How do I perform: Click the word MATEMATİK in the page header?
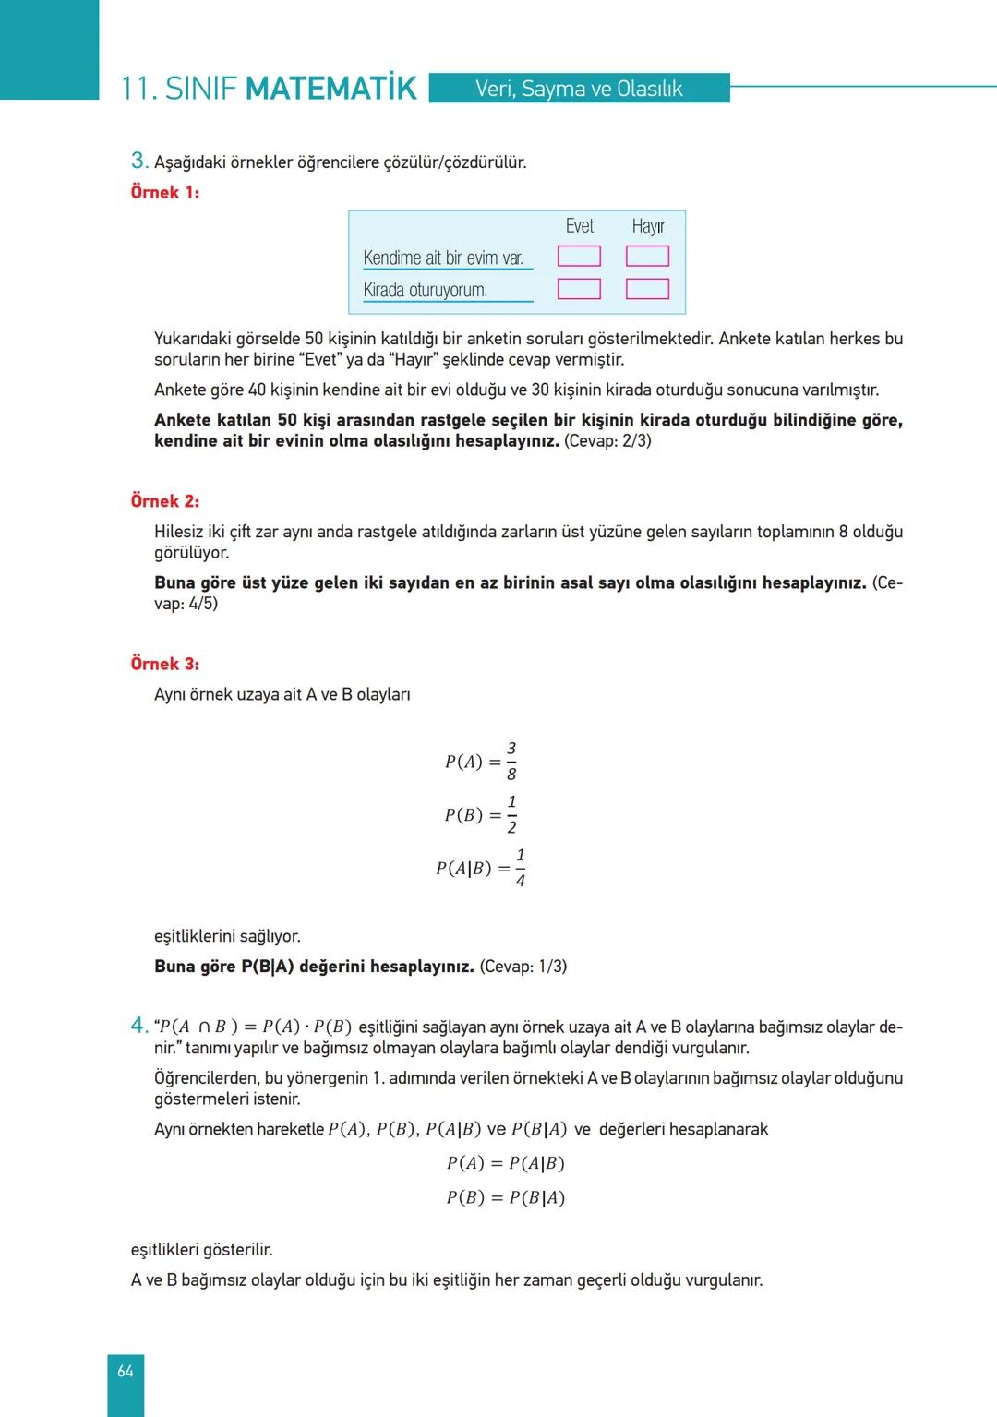pyautogui.click(x=331, y=89)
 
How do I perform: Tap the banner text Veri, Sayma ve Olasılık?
pyautogui.click(x=579, y=89)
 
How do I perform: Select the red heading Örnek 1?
pyautogui.click(x=165, y=192)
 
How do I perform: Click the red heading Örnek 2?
pyautogui.click(x=165, y=501)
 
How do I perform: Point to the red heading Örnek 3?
pyautogui.click(x=165, y=664)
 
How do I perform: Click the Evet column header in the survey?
pyautogui.click(x=580, y=226)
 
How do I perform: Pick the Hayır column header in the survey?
pyautogui.click(x=648, y=226)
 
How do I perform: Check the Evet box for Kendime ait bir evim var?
pyautogui.click(x=579, y=256)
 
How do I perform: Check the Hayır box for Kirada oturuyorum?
pyautogui.click(x=647, y=289)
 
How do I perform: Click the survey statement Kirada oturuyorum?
pyautogui.click(x=426, y=290)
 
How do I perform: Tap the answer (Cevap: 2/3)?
pyautogui.click(x=607, y=440)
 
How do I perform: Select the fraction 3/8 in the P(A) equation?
pyautogui.click(x=511, y=761)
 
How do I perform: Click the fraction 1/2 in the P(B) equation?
pyautogui.click(x=511, y=814)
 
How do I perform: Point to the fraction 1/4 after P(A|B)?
pyautogui.click(x=520, y=868)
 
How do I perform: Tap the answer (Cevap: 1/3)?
pyautogui.click(x=523, y=967)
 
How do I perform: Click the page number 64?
pyautogui.click(x=126, y=1371)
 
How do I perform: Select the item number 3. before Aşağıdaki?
pyautogui.click(x=139, y=161)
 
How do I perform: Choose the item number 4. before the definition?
pyautogui.click(x=139, y=1026)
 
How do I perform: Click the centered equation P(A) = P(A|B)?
pyautogui.click(x=505, y=1163)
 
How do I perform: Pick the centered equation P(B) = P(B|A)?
pyautogui.click(x=505, y=1197)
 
